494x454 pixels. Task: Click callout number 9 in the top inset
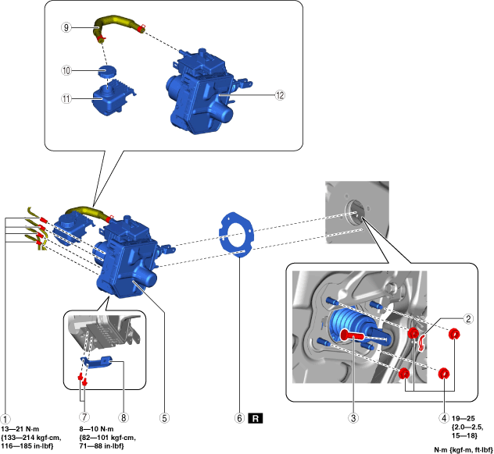[68, 27]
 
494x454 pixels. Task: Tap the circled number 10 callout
[68, 70]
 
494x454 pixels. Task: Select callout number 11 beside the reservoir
[68, 99]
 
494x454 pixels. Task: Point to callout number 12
[280, 94]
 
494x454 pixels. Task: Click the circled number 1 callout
[5, 418]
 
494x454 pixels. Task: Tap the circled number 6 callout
[239, 418]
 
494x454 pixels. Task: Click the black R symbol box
[256, 418]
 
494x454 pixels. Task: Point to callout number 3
[354, 418]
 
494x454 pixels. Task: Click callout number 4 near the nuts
[445, 418]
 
